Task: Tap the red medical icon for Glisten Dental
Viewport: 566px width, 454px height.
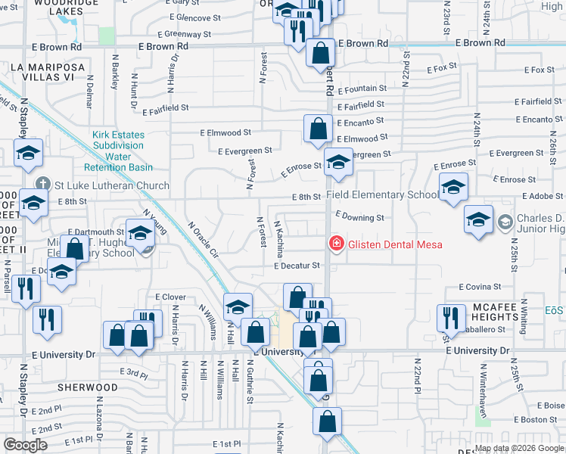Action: tap(334, 244)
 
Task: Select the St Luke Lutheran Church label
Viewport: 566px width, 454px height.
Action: tap(111, 185)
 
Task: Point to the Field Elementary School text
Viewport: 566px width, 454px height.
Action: tap(382, 195)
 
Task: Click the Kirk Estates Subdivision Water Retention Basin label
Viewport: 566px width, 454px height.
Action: tap(118, 151)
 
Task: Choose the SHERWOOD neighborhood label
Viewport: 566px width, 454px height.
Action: tap(86, 387)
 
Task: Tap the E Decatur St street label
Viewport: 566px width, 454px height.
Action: tap(297, 266)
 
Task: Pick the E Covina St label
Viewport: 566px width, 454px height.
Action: tap(480, 288)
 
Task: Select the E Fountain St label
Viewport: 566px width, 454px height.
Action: tap(362, 88)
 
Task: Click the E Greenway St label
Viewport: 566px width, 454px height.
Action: tap(184, 34)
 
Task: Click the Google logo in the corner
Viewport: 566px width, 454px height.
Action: tap(25, 445)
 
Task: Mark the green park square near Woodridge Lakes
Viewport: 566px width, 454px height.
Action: tap(106, 36)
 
